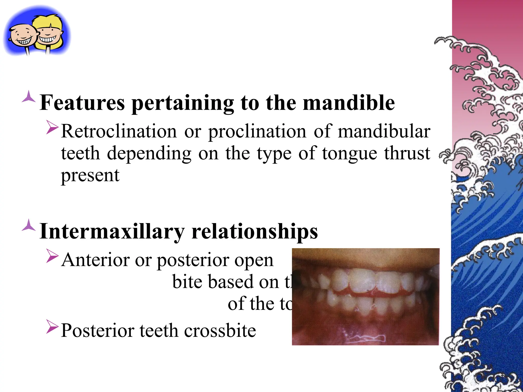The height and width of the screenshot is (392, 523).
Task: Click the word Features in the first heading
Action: click(x=82, y=103)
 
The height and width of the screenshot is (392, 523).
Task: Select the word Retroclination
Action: click(x=119, y=131)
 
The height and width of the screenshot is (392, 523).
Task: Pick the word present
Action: click(x=90, y=176)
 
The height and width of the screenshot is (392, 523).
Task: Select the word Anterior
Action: click(x=96, y=260)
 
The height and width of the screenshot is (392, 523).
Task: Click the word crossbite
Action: click(x=220, y=330)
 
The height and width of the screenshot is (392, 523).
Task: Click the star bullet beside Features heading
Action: click(x=29, y=97)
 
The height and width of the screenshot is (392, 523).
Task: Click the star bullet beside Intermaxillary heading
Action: click(x=29, y=225)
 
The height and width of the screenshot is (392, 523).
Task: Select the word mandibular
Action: click(x=384, y=131)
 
